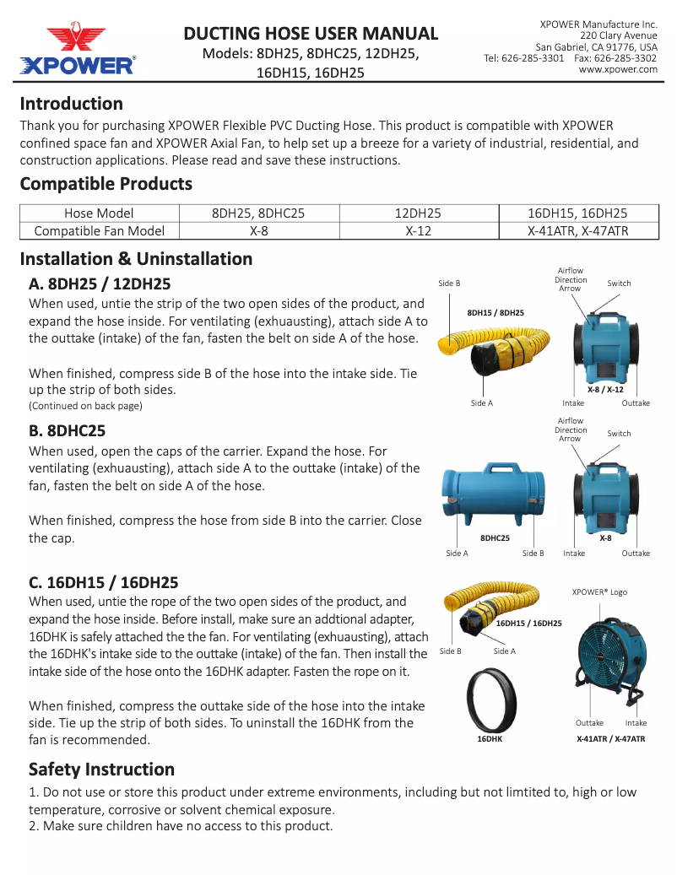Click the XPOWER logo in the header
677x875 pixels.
[77, 51]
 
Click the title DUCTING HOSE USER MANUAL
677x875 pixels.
[311, 34]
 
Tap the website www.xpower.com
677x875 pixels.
[618, 70]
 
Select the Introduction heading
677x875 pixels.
[72, 104]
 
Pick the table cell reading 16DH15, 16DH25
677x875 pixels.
[578, 213]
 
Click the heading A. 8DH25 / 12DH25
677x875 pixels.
[111, 284]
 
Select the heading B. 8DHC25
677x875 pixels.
[80, 430]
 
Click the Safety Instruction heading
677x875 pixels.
[101, 770]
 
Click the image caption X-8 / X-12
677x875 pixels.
[605, 390]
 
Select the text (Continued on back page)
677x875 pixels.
[85, 406]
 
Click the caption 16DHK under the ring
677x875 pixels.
[490, 738]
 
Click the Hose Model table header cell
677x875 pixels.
[99, 213]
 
